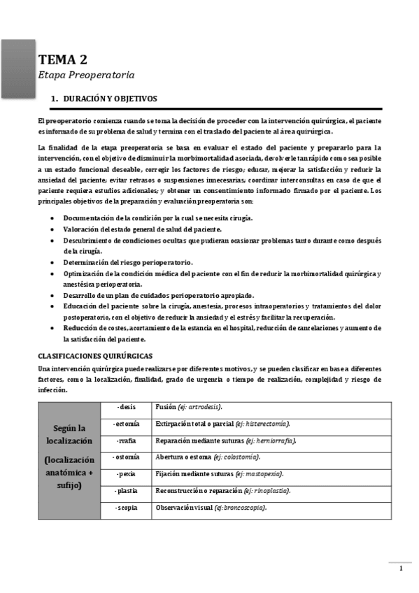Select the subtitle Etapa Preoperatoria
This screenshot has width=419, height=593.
tap(85, 75)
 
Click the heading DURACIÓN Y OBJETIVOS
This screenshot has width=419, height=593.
tap(110, 99)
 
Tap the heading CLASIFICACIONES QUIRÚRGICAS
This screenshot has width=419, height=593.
tap(95, 355)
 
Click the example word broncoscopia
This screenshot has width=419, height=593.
tap(243, 507)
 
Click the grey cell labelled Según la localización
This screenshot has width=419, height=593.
tap(69, 458)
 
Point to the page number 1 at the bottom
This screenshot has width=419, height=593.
tap(401, 569)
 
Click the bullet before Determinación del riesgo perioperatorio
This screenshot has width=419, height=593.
tap(55, 262)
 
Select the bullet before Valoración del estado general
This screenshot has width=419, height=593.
tap(55, 229)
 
